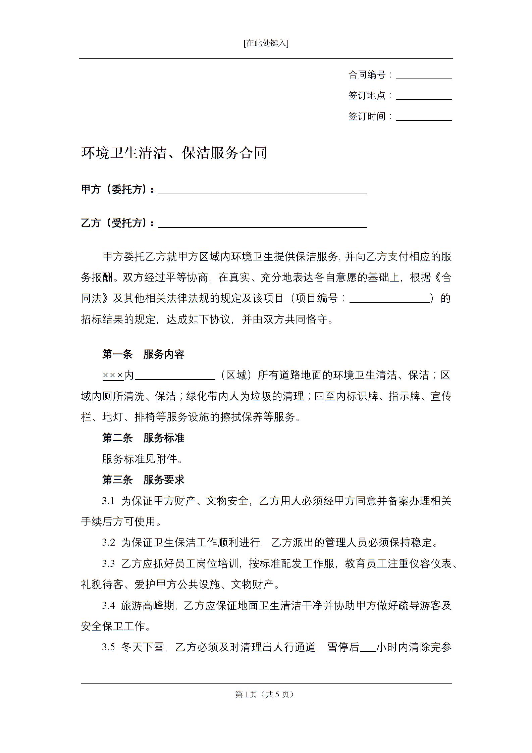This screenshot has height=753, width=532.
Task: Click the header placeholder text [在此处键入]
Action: [x=266, y=43]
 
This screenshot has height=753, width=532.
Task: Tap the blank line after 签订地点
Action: [x=424, y=97]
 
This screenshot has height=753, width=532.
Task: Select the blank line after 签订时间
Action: [x=424, y=117]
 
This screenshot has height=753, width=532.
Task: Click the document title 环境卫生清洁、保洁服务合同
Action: [x=174, y=153]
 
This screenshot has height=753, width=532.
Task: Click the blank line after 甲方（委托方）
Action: [x=262, y=191]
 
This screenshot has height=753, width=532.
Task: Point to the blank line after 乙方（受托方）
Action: [x=262, y=224]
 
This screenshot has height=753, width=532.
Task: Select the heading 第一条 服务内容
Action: [x=143, y=354]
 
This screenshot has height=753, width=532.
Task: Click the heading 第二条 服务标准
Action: [x=143, y=438]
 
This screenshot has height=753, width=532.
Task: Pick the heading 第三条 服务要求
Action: [x=143, y=480]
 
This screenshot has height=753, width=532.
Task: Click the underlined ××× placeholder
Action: [x=113, y=375]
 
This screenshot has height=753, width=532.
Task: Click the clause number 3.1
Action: [x=108, y=501]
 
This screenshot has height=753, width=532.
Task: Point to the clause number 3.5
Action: [x=108, y=647]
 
